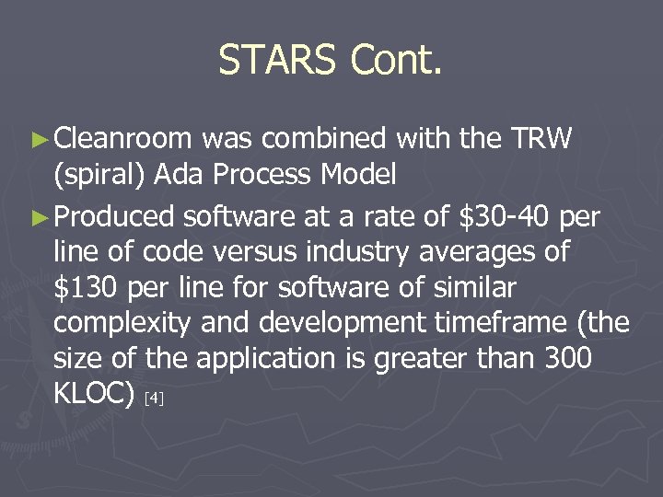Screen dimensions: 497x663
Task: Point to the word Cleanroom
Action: point(122,139)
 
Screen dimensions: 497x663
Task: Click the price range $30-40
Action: point(505,216)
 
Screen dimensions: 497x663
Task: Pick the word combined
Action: point(314,139)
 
